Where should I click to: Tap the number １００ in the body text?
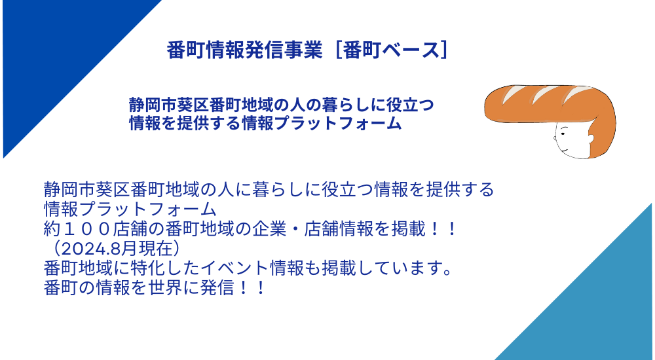(x=87, y=229)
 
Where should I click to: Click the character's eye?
(x=562, y=134)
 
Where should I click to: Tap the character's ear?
(x=590, y=139)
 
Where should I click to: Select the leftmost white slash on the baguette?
(x=510, y=95)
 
